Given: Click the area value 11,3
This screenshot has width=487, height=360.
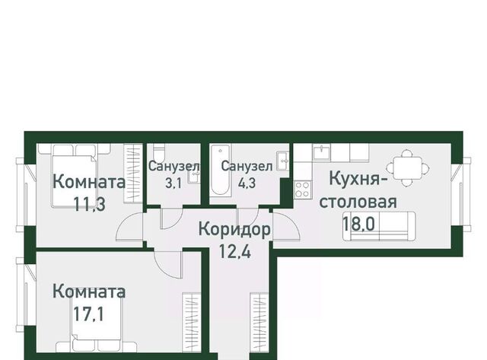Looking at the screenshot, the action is [x=90, y=205].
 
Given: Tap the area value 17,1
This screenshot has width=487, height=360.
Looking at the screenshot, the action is [x=88, y=314].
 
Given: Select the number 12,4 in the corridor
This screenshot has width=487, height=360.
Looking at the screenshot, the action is [x=235, y=251].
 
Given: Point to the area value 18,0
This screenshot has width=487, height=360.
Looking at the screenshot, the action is [x=358, y=223].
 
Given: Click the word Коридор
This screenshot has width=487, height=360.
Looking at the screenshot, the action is [x=234, y=230].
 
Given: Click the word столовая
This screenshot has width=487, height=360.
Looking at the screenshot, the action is [x=358, y=202].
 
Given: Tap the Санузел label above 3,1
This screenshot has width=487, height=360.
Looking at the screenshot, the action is [x=174, y=167].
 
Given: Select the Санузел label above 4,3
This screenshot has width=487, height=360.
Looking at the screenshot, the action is [x=247, y=167].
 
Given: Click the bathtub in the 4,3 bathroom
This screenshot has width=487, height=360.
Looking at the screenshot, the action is [x=220, y=170].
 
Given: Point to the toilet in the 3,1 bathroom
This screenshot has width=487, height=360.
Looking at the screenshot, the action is [x=159, y=153].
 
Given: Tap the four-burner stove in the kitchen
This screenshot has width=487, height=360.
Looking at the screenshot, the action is [x=302, y=190].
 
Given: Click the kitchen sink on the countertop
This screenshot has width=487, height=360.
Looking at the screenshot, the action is [x=322, y=152].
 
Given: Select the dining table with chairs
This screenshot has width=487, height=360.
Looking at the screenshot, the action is [x=408, y=168].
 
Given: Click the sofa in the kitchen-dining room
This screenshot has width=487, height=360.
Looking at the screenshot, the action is [x=379, y=226].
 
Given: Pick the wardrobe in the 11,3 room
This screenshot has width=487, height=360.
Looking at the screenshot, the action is [x=133, y=174].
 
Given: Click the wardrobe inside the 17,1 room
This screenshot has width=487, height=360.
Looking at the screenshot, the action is [x=191, y=323].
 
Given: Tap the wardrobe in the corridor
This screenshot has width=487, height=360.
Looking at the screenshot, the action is [x=259, y=323].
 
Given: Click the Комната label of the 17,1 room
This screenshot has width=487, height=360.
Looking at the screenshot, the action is [x=89, y=292].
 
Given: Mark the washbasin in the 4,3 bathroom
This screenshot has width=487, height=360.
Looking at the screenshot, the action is [x=282, y=161].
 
